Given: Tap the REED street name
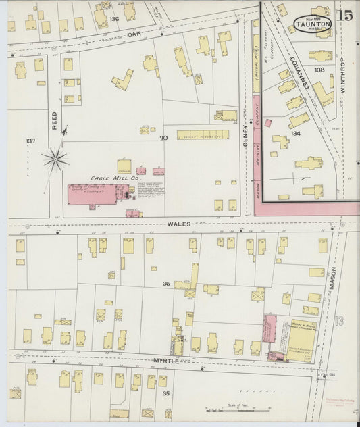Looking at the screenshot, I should coord(55,121).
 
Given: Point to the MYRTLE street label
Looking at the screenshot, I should coord(166,361).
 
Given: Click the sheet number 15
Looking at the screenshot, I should coord(344,16).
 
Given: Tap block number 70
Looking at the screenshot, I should coord(163,139).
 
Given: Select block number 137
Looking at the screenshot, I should coord(29,141).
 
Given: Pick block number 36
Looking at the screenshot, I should coord(165,284).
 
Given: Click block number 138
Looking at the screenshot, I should coord(319,70).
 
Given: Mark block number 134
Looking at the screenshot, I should coord(295,134).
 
